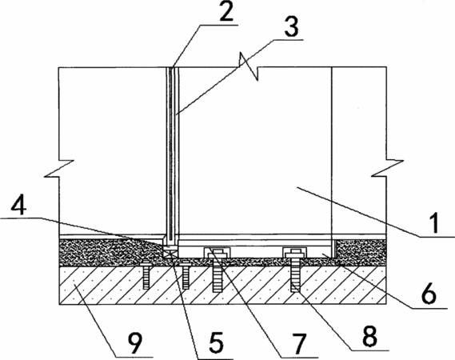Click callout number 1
tap(434, 223)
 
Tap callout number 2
tap(226, 11)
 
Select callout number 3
tap(291, 27)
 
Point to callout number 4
tap(19, 206)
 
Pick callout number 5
tap(217, 342)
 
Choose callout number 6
tap(429, 294)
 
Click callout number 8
tap(369, 337)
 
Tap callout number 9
tap(134, 343)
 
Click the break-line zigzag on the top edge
tap(249, 66)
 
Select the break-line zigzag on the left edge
tap(59, 168)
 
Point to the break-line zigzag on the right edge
tap(387, 167)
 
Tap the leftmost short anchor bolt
tap(146, 275)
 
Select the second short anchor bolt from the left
tap(186, 275)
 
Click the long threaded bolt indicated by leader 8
tap(294, 272)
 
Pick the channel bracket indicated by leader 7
tap(218, 252)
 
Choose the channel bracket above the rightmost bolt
tap(294, 252)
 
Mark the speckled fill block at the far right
tap(361, 249)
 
